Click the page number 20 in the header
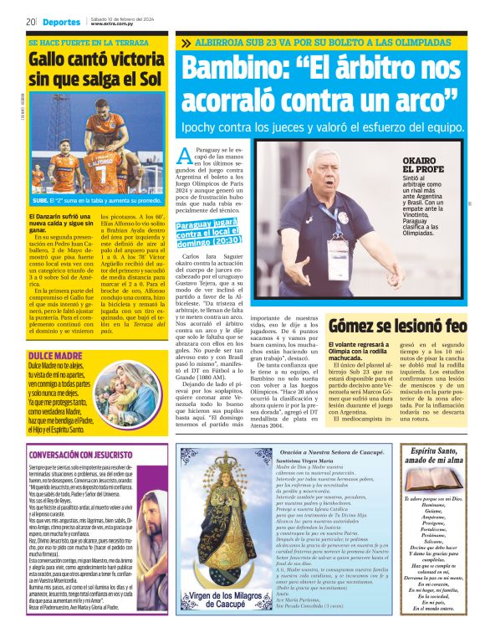coord(29,21)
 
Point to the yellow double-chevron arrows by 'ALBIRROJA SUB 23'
coord(185,42)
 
